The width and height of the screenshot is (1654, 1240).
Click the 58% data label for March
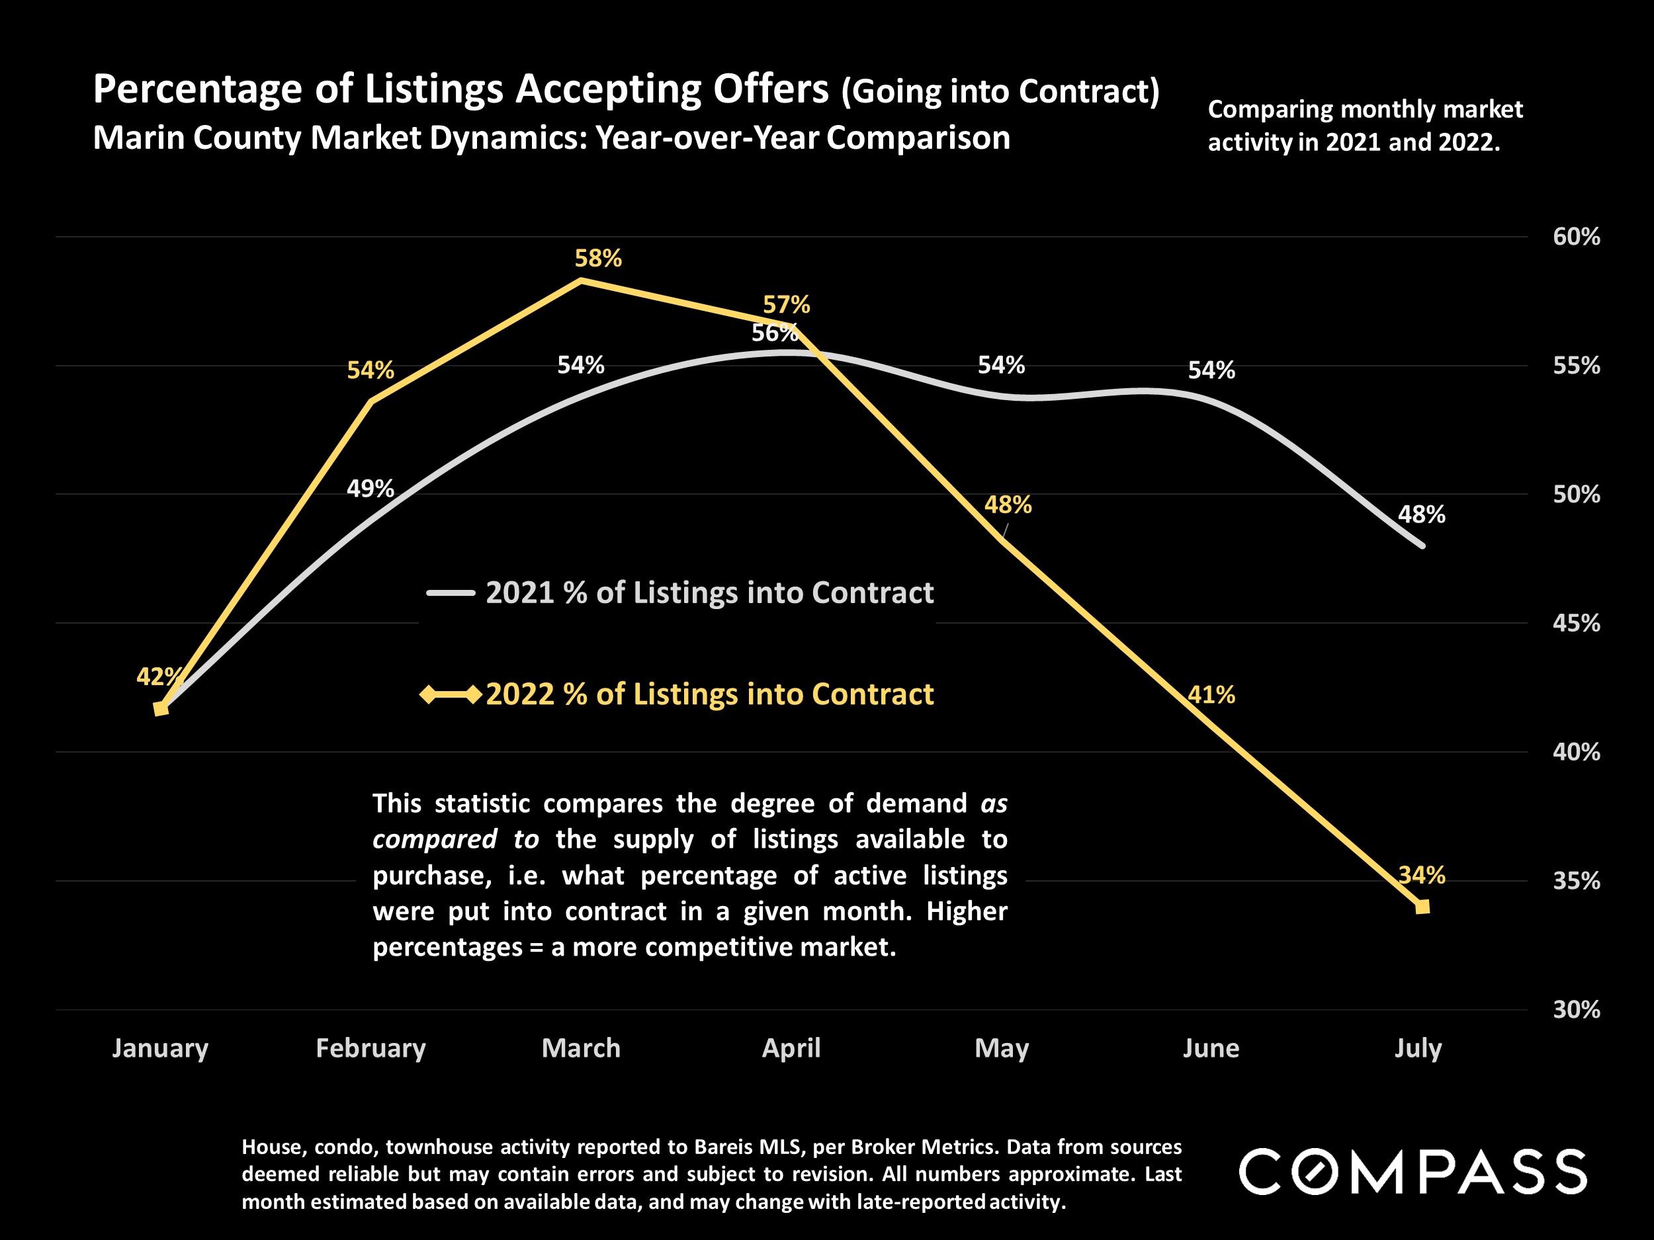pyautogui.click(x=597, y=259)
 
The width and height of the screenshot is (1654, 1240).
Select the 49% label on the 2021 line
pyautogui.click(x=370, y=489)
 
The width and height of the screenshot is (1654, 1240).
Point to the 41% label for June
pyautogui.click(x=1211, y=695)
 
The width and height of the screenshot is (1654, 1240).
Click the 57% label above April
pyautogui.click(x=786, y=305)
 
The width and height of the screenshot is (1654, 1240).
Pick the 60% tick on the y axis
pyautogui.click(x=1576, y=237)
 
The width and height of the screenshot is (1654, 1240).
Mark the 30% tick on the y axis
pyautogui.click(x=1576, y=1010)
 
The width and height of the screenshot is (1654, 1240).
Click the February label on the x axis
pyautogui.click(x=371, y=1048)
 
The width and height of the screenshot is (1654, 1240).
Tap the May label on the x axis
pyautogui.click(x=1001, y=1048)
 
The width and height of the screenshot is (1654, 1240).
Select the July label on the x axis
pyautogui.click(x=1418, y=1048)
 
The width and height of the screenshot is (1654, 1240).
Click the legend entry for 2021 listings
pyautogui.click(x=709, y=593)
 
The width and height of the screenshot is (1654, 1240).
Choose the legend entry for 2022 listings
pyautogui.click(x=709, y=694)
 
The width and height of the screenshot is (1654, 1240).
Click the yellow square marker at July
pyautogui.click(x=1422, y=907)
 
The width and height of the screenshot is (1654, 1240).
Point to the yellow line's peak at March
pyautogui.click(x=582, y=281)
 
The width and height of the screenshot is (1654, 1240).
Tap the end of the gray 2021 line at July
pyautogui.click(x=1422, y=546)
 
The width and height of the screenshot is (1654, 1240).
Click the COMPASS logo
pyautogui.click(x=1413, y=1171)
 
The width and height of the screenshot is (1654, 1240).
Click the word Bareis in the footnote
pyautogui.click(x=724, y=1147)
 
